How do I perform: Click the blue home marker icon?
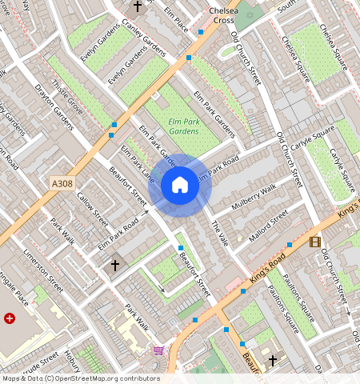[180, 186]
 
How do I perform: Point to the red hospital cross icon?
[10, 318]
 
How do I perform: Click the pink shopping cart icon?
[158, 350]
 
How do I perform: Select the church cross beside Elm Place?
[138, 6]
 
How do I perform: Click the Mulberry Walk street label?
[251, 198]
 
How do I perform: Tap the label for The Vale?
[219, 234]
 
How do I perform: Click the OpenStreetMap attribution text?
[80, 378]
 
